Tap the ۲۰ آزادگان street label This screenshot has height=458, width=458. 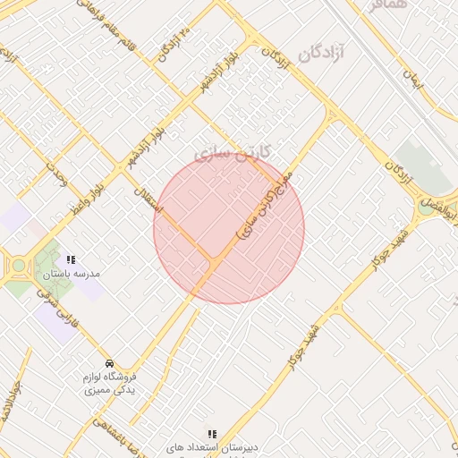[x=174, y=46]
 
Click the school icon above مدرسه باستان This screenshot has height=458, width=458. [x=71, y=259]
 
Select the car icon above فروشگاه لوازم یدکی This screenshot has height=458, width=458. [x=108, y=363]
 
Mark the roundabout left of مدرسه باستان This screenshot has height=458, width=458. [x=18, y=265]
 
